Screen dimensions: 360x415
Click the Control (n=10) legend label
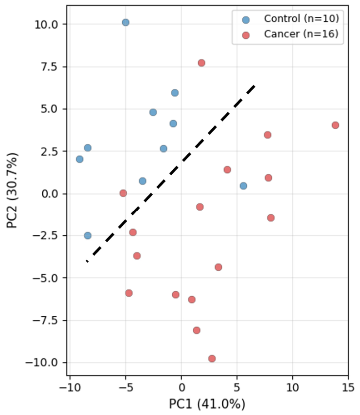(x=301, y=19)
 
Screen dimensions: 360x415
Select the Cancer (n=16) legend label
(x=301, y=34)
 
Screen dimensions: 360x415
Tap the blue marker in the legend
(x=246, y=20)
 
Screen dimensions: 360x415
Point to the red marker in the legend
(x=246, y=35)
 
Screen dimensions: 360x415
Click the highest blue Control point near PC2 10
(x=126, y=22)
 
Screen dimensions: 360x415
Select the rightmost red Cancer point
(x=335, y=125)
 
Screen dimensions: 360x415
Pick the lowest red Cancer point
(x=212, y=359)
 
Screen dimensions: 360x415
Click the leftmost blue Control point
(x=80, y=159)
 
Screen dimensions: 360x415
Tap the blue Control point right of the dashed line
(x=244, y=186)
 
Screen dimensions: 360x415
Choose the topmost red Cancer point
(x=201, y=63)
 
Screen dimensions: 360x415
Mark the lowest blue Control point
(x=88, y=236)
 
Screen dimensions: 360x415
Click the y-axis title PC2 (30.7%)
(x=12, y=190)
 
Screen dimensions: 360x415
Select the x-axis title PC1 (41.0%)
(x=207, y=404)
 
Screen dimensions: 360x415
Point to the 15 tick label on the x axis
(x=348, y=388)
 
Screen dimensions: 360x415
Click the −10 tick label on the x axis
(x=70, y=388)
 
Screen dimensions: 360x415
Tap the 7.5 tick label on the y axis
(x=50, y=67)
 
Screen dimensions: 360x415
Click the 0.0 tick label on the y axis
(x=50, y=194)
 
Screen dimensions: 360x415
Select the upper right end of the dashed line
(x=255, y=86)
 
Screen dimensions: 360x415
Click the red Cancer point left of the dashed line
(x=123, y=193)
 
